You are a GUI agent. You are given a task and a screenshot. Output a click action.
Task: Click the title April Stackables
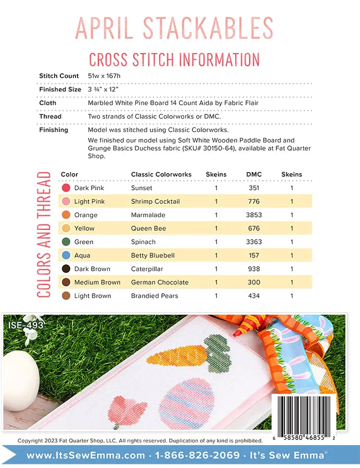tap(174, 29)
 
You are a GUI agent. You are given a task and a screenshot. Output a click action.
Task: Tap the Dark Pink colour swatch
tap(66, 188)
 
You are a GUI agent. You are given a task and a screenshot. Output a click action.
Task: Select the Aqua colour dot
tap(66, 255)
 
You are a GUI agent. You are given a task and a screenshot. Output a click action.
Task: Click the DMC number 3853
tap(254, 215)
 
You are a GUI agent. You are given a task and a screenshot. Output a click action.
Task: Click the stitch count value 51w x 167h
tap(108, 76)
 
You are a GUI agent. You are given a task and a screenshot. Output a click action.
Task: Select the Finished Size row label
tap(60, 89)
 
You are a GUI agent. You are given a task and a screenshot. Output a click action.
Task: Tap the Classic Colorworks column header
tap(161, 174)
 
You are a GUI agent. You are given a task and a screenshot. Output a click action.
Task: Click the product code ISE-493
tap(26, 326)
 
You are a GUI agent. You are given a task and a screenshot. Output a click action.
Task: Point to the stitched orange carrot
tap(177, 355)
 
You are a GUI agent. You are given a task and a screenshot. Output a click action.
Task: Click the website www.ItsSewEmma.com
tap(86, 456)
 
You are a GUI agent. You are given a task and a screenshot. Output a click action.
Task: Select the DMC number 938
tap(254, 269)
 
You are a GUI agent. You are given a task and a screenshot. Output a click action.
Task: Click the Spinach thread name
tap(143, 242)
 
